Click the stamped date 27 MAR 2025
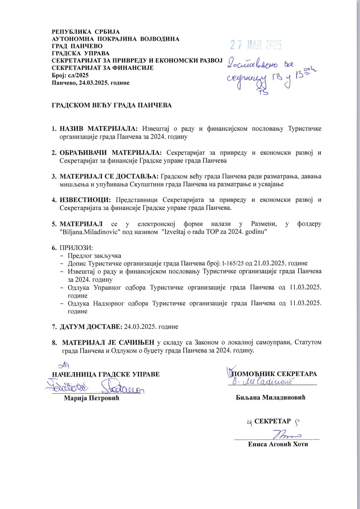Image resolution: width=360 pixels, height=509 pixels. [256, 45]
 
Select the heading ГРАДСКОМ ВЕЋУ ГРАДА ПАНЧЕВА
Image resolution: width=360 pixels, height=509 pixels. [112, 105]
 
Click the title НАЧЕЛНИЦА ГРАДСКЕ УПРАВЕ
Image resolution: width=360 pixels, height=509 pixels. [106, 374]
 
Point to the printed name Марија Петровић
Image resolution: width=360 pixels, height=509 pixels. [91, 398]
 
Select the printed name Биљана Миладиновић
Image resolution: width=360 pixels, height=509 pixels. [271, 397]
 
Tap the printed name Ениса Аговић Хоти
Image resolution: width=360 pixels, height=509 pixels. [278, 444]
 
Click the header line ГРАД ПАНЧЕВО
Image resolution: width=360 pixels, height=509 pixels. [77, 46]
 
